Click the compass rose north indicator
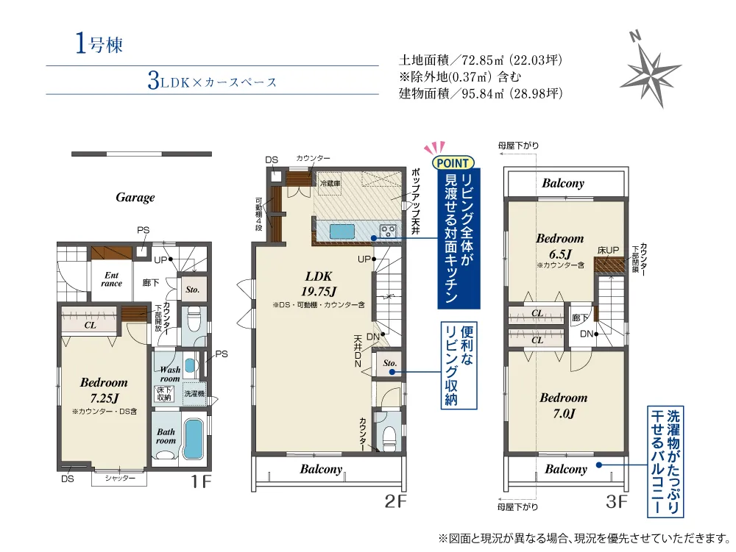point(635,36)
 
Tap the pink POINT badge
point(453,162)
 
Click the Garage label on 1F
point(135,197)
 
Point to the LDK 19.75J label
point(319,284)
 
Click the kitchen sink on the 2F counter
point(342,231)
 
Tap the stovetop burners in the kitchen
point(388,231)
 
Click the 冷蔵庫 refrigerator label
point(330,183)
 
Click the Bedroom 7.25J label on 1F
point(104,390)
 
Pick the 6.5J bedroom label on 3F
point(560,246)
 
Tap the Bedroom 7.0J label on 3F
point(564,406)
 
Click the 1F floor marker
point(201,481)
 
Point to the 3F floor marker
point(616,501)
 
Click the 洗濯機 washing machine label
point(194,394)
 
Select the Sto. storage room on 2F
point(389,363)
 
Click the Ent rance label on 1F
point(112,279)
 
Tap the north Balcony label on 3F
point(563,183)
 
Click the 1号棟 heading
point(99,45)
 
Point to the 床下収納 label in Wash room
point(164,394)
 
